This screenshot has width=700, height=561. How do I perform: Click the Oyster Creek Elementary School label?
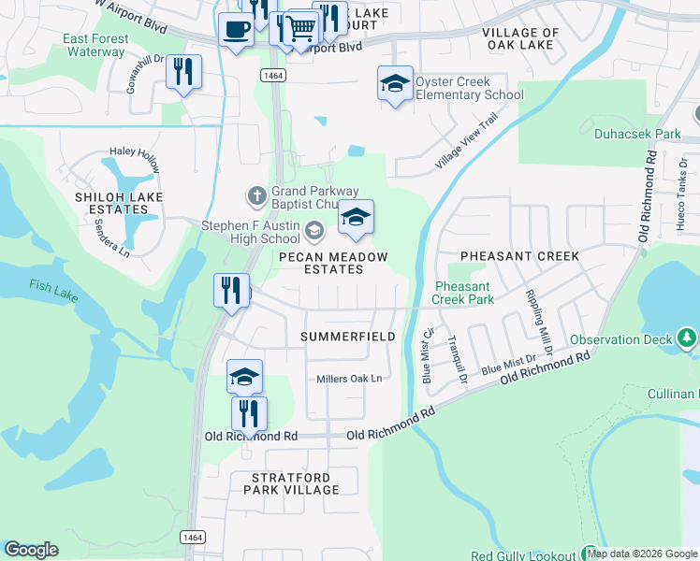(x=469, y=88)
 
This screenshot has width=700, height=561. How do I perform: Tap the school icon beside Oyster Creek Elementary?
(x=395, y=84)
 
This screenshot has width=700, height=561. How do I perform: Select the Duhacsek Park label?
(x=637, y=134)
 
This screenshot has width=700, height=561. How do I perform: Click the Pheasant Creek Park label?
(x=462, y=294)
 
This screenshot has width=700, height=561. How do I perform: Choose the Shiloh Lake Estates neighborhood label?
(x=112, y=204)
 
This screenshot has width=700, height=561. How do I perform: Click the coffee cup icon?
(x=235, y=28)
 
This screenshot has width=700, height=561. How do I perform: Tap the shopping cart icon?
(x=301, y=28)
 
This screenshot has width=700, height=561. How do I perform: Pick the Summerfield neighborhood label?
(x=347, y=336)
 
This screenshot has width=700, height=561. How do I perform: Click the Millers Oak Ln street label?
(x=349, y=379)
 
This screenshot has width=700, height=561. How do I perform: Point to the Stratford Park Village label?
(x=295, y=483)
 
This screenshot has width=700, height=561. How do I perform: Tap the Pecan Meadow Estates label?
(x=333, y=263)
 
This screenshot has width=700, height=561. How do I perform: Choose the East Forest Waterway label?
(x=95, y=45)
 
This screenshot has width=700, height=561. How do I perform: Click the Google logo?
(x=31, y=550)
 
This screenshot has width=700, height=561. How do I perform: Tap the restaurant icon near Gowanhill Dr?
(x=183, y=73)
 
